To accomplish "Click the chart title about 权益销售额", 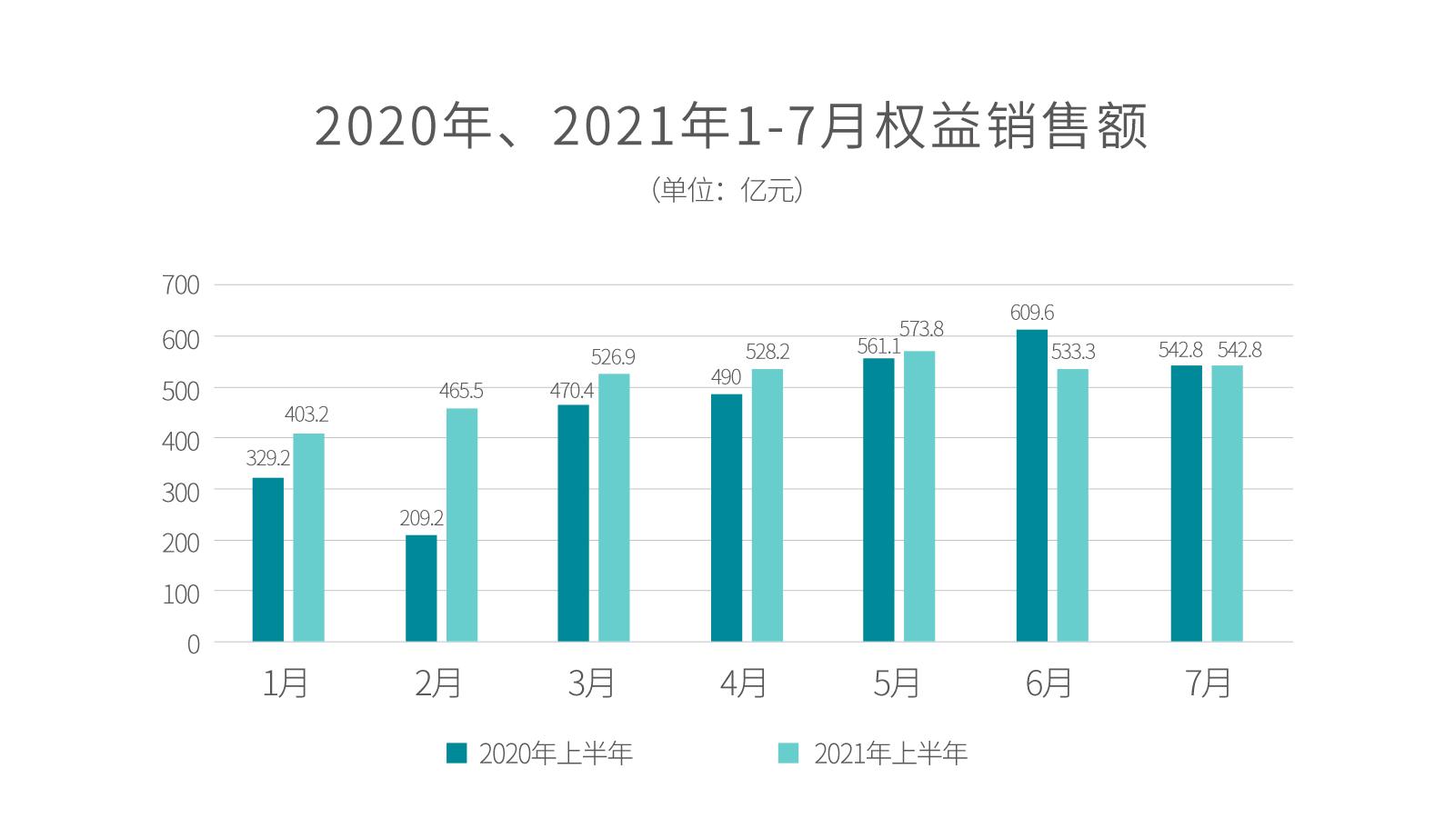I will [x=730, y=126].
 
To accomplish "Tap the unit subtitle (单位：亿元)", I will [x=727, y=190].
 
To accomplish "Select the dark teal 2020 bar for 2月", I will [x=421, y=588].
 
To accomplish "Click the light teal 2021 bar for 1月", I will [x=308, y=537].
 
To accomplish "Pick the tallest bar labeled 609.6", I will [x=1031, y=485].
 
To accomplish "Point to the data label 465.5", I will [x=461, y=391].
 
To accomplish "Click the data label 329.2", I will [x=267, y=458].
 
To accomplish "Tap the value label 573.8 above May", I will [x=921, y=329].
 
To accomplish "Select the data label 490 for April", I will [x=726, y=377].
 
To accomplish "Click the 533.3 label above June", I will [x=1073, y=352].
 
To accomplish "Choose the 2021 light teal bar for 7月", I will [x=1227, y=504].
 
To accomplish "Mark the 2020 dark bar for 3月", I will [x=573, y=523].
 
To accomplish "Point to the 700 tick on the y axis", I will [x=180, y=285].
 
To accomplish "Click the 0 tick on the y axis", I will [x=193, y=643].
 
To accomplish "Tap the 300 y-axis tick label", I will [x=180, y=492].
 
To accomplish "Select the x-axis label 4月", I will [x=744, y=683].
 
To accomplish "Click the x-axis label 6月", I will [x=1049, y=683].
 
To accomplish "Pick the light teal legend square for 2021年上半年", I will [x=788, y=753].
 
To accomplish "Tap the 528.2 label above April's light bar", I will [x=767, y=352].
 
